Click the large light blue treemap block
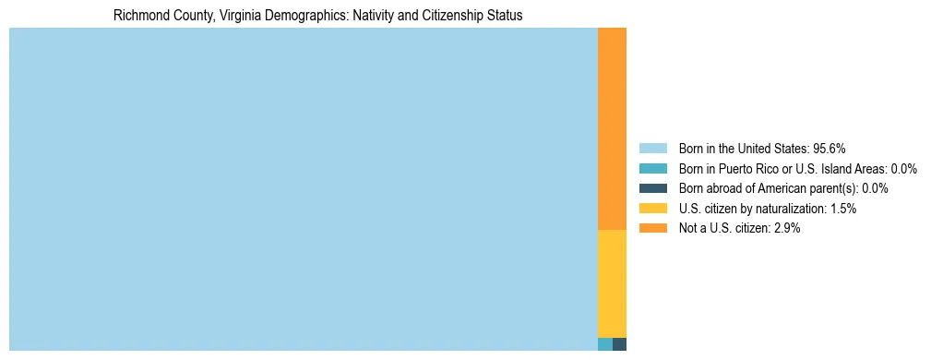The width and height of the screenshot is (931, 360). [x=303, y=189]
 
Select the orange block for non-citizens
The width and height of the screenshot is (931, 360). [x=612, y=129]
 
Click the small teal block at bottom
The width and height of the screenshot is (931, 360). [x=604, y=344]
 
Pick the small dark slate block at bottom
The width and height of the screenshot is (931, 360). [x=619, y=344]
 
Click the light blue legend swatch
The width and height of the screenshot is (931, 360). [x=652, y=149]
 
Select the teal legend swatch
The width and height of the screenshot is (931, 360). [x=652, y=169]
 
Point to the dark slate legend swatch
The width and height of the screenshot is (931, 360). [x=652, y=188]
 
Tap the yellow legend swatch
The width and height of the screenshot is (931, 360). [x=652, y=209]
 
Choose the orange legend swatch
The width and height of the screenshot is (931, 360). [x=652, y=228]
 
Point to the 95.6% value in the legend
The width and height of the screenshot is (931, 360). [x=830, y=149]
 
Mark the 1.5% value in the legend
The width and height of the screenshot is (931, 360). [x=843, y=209]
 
